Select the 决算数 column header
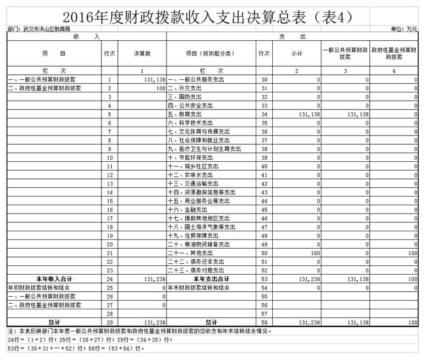(x=142, y=53)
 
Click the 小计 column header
(x=296, y=53)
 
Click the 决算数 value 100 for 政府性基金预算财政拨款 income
(x=160, y=88)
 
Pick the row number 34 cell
(x=263, y=114)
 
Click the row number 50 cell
(x=263, y=253)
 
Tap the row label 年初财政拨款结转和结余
(x=39, y=287)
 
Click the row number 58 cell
(x=263, y=322)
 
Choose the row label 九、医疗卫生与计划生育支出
(x=204, y=149)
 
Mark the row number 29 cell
(x=110, y=322)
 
